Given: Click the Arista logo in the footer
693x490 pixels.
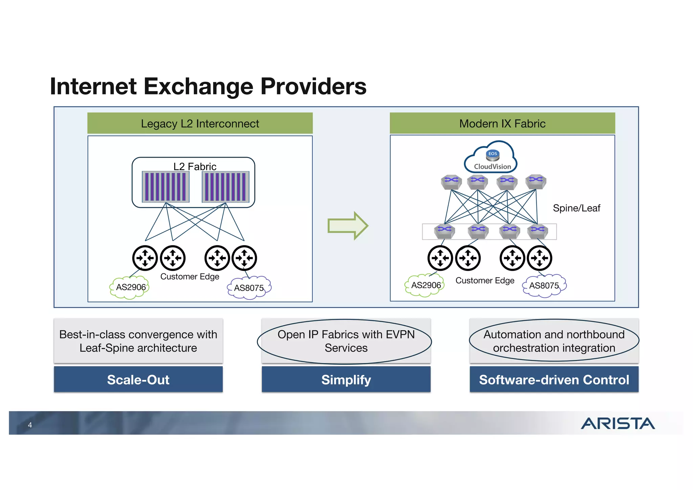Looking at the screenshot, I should point(618,423).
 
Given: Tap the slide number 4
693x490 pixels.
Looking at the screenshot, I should point(30,425).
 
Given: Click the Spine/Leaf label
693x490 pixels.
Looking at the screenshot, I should point(576,208).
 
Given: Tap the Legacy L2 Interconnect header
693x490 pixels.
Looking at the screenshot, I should point(200,124).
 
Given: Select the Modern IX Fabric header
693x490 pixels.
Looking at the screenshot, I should point(502,124).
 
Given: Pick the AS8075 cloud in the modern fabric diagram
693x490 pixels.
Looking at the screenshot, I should point(544,286).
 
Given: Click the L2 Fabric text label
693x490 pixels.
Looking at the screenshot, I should point(195,166).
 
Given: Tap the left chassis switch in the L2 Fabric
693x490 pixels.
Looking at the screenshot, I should point(165,187).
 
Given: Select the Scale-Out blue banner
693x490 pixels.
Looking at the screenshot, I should point(138,380).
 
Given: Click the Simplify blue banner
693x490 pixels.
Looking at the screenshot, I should point(346,380).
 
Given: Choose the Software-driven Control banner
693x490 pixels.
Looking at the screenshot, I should point(554,380).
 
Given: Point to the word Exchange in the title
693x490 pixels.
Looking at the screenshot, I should point(198,86).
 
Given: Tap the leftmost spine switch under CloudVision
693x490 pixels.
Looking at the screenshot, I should point(451,182).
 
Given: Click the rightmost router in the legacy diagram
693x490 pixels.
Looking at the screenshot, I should point(244,258).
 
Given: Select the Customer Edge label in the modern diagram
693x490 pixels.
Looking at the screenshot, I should point(485,281).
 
